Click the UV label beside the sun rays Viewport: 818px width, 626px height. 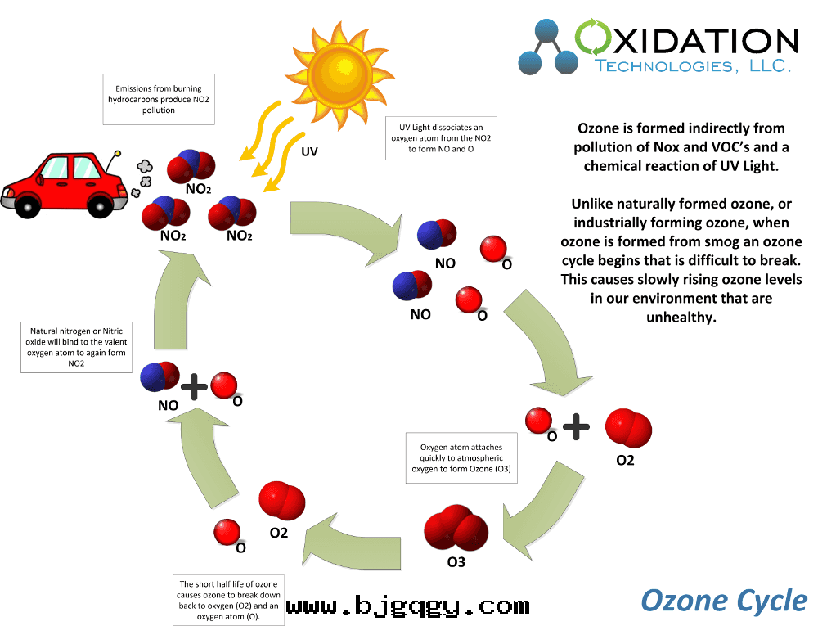tap(309, 152)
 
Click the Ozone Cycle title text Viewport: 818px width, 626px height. tap(724, 600)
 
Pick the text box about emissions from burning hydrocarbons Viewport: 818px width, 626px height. tap(158, 99)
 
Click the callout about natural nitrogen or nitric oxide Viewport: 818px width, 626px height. tap(78, 347)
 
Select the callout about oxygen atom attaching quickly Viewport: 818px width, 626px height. tap(462, 458)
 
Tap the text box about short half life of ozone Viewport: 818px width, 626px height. tap(230, 600)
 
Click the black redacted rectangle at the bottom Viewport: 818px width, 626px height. tap(409, 603)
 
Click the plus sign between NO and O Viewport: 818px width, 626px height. tap(194, 387)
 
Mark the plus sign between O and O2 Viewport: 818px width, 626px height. tap(576, 426)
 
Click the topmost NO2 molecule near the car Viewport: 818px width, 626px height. tap(190, 166)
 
